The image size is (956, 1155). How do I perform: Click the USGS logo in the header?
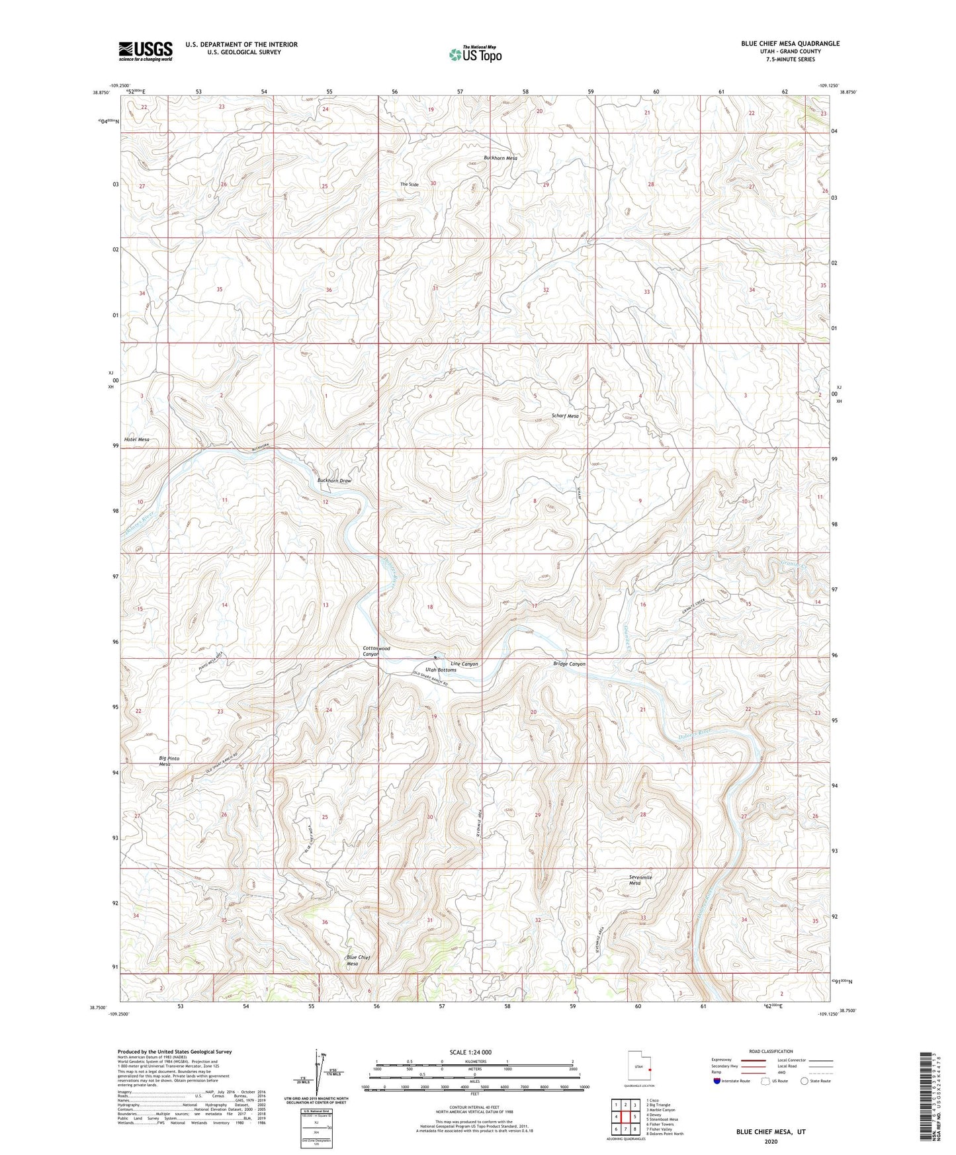click(x=146, y=51)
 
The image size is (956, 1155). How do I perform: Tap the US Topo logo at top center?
click(x=475, y=54)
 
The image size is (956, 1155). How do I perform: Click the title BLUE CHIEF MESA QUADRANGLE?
click(x=790, y=44)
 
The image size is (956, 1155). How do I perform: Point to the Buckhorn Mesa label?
click(x=500, y=158)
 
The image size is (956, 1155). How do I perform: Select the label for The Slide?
click(x=409, y=184)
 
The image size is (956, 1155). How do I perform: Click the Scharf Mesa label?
click(x=565, y=416)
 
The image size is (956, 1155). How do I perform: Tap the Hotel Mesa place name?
click(x=136, y=439)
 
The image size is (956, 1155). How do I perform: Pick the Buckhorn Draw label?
click(x=334, y=481)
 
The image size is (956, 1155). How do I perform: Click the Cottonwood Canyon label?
click(x=376, y=651)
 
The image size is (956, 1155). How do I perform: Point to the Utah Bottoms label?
click(x=441, y=670)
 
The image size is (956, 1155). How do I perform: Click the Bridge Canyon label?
click(x=569, y=663)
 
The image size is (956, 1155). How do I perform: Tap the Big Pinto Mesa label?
click(x=169, y=761)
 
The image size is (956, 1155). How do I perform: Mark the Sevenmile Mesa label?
click(x=640, y=880)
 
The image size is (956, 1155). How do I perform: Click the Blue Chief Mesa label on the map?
click(x=358, y=960)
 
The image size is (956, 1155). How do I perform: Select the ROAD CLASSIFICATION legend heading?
click(x=771, y=1051)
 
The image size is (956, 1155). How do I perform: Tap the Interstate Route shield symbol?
click(x=718, y=1081)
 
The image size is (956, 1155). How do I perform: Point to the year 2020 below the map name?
click(x=770, y=1141)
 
